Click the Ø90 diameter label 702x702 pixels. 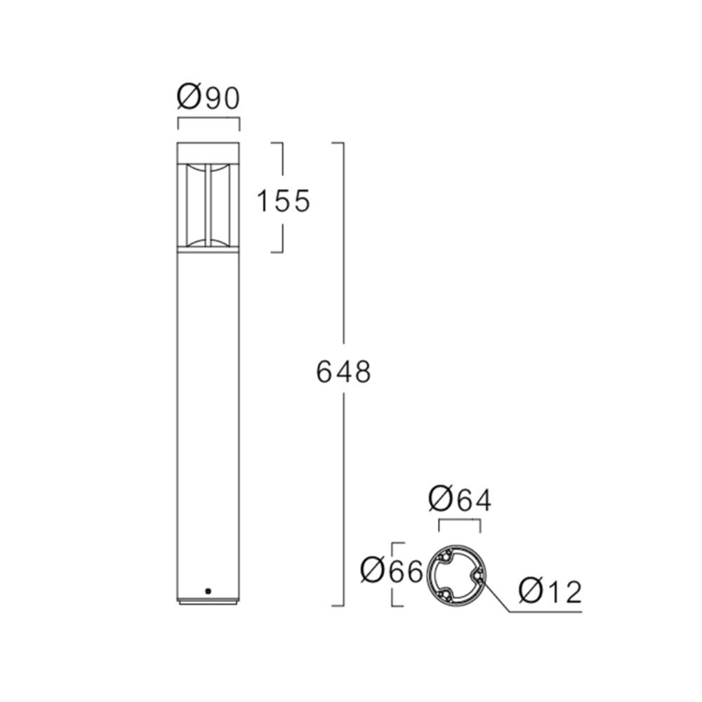coord(208,97)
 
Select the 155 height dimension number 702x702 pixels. coord(283,201)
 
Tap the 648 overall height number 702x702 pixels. coord(343,372)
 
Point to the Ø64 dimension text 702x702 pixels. coord(460,501)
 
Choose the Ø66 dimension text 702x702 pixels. coord(391,572)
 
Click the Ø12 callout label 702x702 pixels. coord(550,592)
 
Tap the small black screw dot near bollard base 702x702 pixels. coord(208,591)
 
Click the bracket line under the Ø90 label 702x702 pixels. coord(208,119)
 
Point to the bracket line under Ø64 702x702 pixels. coord(460,521)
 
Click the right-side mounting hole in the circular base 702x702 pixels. coord(477,576)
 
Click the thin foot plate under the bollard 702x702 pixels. coord(208,602)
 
